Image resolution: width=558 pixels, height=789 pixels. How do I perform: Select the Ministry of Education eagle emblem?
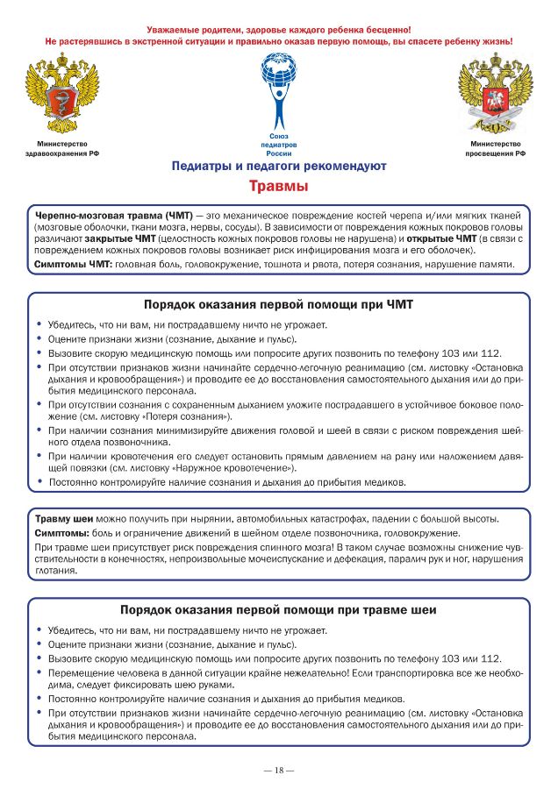point(495,95)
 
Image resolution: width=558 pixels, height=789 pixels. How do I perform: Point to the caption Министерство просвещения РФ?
point(495,148)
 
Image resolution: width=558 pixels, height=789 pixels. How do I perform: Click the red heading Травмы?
point(278,186)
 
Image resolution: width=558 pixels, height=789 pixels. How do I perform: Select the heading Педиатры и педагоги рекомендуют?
point(278,166)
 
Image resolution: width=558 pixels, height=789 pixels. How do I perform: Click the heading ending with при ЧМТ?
point(278,305)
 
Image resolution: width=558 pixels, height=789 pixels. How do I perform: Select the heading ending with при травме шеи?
point(278,609)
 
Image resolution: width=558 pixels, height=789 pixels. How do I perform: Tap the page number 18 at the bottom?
point(278,770)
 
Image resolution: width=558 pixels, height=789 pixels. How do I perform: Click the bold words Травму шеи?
point(63,519)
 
